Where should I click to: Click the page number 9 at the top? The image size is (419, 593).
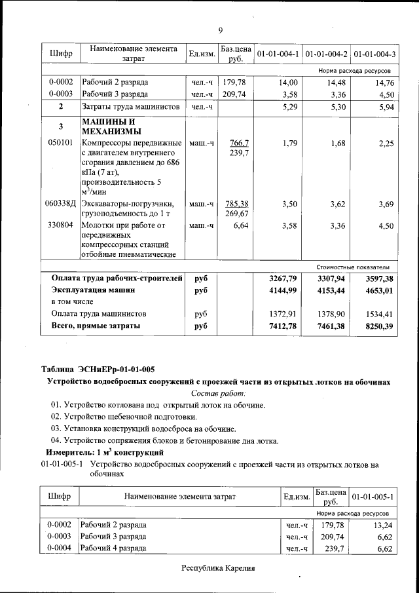[221, 31]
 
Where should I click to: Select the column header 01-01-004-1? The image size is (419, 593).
[278, 53]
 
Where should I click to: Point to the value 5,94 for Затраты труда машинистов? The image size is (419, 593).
[382, 106]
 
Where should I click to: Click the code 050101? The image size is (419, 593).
[60, 143]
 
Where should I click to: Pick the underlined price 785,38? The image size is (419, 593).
[236, 204]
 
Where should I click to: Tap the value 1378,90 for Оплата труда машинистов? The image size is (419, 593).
[331, 313]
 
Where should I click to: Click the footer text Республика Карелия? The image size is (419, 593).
[217, 567]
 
